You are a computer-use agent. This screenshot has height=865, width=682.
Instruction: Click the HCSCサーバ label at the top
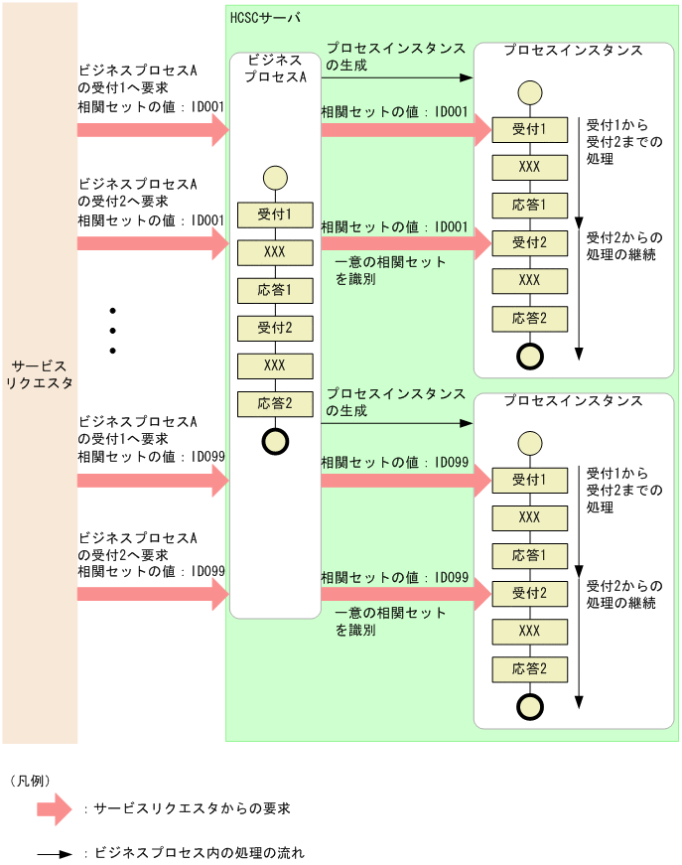point(264,18)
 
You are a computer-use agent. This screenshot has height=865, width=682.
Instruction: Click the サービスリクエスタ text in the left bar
point(39,374)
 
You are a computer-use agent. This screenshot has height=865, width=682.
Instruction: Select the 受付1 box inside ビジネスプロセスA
point(274,215)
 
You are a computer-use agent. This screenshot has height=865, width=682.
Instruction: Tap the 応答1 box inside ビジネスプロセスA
point(274,290)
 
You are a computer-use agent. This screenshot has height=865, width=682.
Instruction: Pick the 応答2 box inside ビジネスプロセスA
point(274,403)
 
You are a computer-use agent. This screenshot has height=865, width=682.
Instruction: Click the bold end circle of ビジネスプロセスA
point(275,441)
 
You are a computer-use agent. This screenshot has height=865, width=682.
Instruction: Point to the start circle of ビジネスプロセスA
point(275,178)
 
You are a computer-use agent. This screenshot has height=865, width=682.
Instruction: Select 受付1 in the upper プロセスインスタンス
point(529,129)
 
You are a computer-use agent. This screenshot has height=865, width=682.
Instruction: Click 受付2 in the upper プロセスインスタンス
point(529,242)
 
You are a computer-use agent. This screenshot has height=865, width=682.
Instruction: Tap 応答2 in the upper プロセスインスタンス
point(529,318)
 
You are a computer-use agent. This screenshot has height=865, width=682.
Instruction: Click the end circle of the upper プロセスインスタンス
point(530,356)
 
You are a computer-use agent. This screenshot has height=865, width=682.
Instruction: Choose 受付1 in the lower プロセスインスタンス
point(529,480)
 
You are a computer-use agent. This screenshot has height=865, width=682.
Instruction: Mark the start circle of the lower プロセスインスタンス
point(530,443)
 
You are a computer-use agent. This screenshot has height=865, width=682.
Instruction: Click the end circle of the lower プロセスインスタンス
point(530,706)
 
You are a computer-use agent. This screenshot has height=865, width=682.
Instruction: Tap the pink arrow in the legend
point(55,808)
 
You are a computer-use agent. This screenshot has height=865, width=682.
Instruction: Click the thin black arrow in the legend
point(55,853)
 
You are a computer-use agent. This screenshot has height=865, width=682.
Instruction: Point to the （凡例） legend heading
point(30,781)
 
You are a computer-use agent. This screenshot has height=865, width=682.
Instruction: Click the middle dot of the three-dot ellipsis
point(113,330)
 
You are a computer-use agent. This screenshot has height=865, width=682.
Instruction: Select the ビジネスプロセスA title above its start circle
point(275,69)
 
